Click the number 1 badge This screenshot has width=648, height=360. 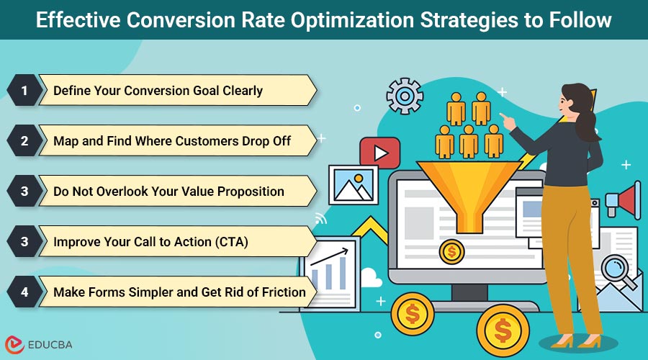[24, 91]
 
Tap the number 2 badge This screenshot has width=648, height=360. [24, 141]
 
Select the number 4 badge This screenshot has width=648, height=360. [24, 292]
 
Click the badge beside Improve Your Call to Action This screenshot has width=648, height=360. [24, 242]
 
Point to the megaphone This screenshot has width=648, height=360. [624, 198]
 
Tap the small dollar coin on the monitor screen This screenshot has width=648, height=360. [451, 251]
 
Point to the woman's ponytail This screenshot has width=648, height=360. [590, 122]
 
